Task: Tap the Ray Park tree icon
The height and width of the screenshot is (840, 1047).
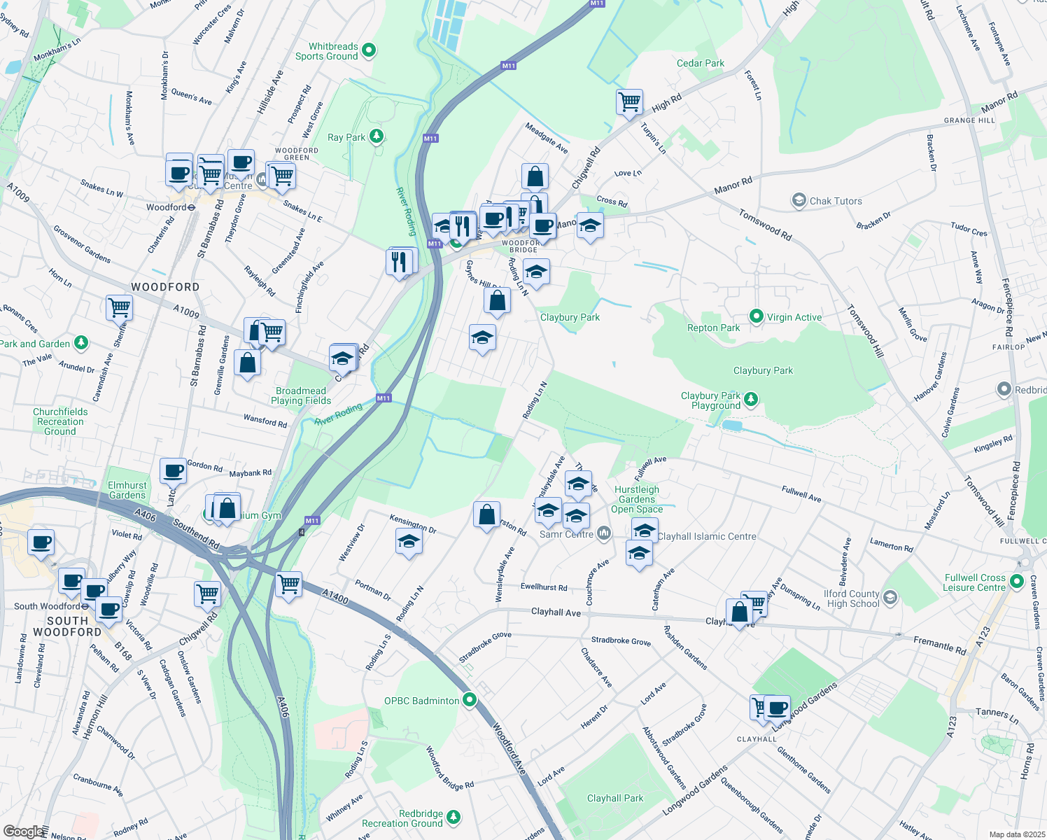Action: coord(377,136)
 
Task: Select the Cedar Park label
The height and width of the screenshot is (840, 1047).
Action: coord(700,63)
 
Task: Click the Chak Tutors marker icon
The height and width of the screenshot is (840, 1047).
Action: coord(799,201)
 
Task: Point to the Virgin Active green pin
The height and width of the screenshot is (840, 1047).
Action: coord(756,316)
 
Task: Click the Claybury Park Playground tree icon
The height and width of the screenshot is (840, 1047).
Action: coord(751,399)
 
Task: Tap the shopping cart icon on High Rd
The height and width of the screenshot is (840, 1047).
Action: coord(630,101)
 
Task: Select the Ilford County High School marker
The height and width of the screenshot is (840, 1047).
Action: coord(890,598)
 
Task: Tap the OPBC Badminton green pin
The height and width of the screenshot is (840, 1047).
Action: coord(470,699)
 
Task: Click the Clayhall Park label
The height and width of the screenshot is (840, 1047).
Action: coord(615,798)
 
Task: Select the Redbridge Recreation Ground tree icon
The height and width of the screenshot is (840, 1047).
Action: coord(454,817)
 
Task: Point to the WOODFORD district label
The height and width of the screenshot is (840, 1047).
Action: coord(165,287)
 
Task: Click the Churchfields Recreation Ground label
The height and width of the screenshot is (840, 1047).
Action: coord(60,421)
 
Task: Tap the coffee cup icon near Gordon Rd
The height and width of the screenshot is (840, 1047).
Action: coord(173,471)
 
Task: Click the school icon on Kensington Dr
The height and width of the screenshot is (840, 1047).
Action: coord(409,542)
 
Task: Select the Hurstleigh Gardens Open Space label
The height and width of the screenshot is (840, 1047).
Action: coord(637,499)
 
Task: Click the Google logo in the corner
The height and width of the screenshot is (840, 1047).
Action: coord(22,831)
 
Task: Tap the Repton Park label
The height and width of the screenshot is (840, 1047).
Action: coord(713,328)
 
